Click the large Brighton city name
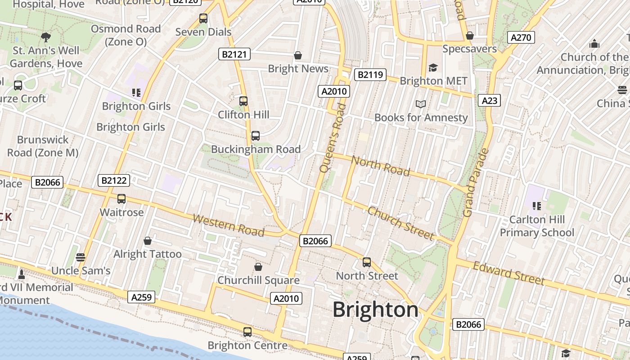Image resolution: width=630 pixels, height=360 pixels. (x=375, y=310)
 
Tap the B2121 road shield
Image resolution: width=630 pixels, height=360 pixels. (x=234, y=54)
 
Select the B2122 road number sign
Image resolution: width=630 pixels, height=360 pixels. (x=114, y=180)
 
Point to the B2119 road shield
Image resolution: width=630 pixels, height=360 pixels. (x=370, y=74)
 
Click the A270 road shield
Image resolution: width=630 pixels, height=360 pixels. (x=521, y=37)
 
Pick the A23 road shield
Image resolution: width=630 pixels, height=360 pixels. (x=490, y=100)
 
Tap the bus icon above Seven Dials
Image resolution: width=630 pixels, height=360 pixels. (x=203, y=18)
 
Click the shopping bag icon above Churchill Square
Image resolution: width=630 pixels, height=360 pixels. (x=258, y=267)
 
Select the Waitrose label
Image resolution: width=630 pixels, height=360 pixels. (x=121, y=212)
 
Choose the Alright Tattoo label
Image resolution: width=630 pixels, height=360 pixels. (x=147, y=254)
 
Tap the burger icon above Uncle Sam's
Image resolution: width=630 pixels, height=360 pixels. (x=81, y=257)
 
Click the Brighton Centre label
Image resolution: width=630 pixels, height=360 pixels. (x=247, y=345)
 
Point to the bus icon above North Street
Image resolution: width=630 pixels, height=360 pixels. (x=367, y=262)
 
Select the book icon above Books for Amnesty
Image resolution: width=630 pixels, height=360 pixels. (x=421, y=104)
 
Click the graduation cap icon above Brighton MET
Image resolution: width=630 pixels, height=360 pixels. (x=433, y=67)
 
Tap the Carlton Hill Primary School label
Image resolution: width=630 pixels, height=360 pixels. (x=537, y=226)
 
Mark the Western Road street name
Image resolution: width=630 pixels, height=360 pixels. (x=228, y=225)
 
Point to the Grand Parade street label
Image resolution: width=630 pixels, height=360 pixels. (x=476, y=182)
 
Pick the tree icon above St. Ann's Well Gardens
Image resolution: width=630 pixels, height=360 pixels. (x=45, y=37)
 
